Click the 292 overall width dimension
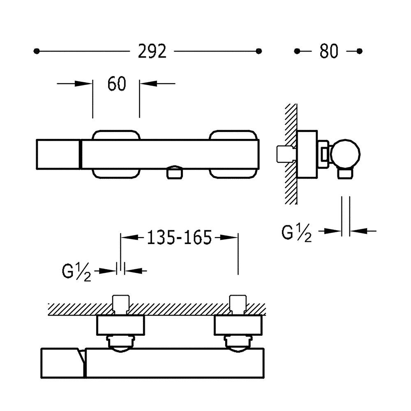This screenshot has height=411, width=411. pyautogui.click(x=152, y=51)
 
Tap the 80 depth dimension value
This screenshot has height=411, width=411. pyautogui.click(x=329, y=51)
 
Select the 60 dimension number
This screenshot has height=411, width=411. pyautogui.click(x=117, y=84)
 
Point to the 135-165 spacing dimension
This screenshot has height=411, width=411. pyautogui.click(x=179, y=238)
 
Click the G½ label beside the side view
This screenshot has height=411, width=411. pyautogui.click(x=297, y=233)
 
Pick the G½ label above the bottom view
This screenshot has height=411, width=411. pyautogui.click(x=76, y=272)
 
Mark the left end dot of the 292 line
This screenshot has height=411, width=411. pyautogui.click(x=37, y=51)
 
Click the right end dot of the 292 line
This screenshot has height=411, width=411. pyautogui.click(x=259, y=51)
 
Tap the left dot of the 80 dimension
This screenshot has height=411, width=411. pyautogui.click(x=297, y=51)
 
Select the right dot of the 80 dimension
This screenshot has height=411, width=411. pyautogui.click(x=359, y=51)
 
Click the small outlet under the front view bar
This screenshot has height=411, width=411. pyautogui.click(x=175, y=173)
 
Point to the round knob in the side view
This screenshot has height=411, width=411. pyautogui.click(x=345, y=154)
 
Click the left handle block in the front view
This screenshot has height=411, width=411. pyautogui.click(x=59, y=154)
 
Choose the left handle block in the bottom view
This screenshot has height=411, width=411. pyautogui.click(x=63, y=363)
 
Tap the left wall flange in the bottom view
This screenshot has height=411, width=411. pyautogui.click(x=120, y=325)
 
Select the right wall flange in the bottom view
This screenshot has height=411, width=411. pyautogui.click(x=238, y=325)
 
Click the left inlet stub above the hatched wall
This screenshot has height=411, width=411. pyautogui.click(x=120, y=304)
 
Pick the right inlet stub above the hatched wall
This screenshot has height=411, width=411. pyautogui.click(x=238, y=304)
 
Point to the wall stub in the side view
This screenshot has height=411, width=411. pyautogui.click(x=286, y=154)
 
